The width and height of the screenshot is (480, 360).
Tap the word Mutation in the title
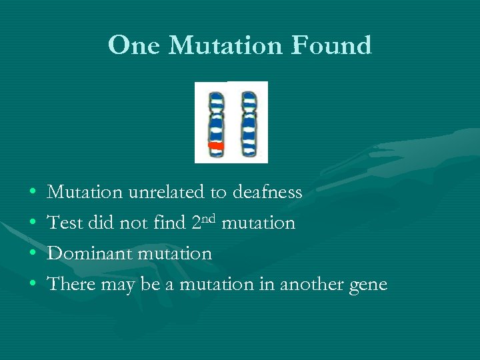coord(227,45)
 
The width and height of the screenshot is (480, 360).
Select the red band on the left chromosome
coord(216,145)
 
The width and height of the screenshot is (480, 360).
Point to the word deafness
coord(267,192)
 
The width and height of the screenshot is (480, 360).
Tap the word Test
coord(64,223)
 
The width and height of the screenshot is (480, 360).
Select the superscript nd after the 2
coord(209,217)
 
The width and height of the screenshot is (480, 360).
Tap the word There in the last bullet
coord(71,284)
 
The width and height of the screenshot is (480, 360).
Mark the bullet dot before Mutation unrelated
coord(33,193)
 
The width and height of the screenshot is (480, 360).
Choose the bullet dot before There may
coord(33,285)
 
